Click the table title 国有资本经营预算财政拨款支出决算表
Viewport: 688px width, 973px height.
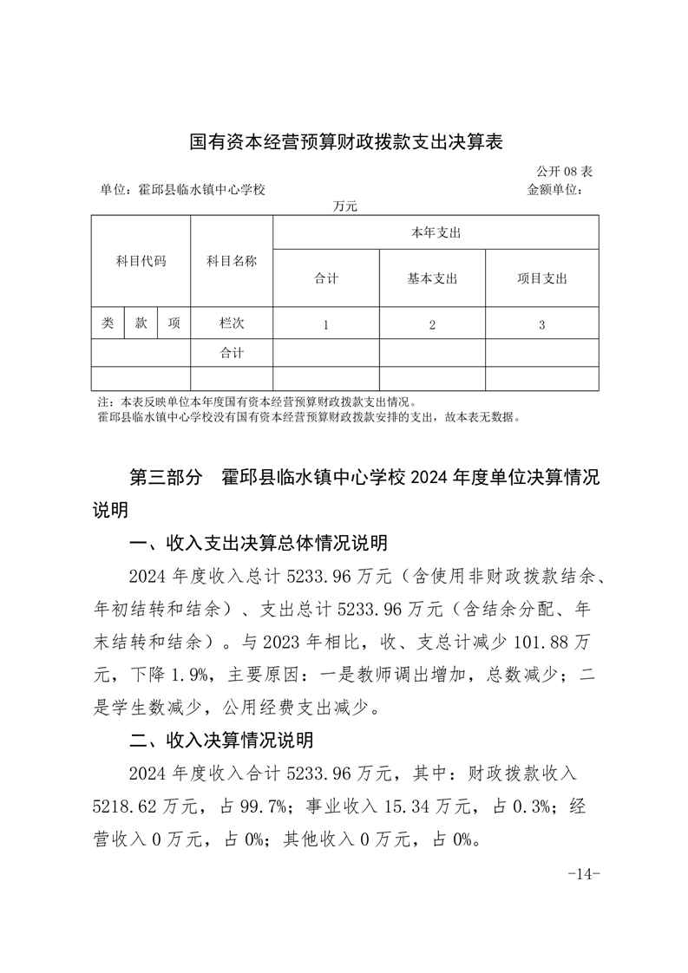tap(346, 141)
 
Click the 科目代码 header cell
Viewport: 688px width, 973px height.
tap(141, 260)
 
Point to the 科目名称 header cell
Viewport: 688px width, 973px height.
tap(231, 260)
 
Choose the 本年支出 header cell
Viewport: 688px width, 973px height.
tap(435, 232)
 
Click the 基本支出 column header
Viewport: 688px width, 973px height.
tap(432, 278)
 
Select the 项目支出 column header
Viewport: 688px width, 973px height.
tap(541, 278)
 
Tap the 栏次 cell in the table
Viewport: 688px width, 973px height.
tap(232, 323)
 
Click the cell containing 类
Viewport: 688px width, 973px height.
tap(108, 323)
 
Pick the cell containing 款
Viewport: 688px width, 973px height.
tap(141, 323)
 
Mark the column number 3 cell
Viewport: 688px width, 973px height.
tap(541, 324)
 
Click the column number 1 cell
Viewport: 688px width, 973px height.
tap(325, 324)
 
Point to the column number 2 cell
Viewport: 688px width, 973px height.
tap(432, 324)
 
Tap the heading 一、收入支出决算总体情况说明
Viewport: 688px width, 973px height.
tap(258, 544)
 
